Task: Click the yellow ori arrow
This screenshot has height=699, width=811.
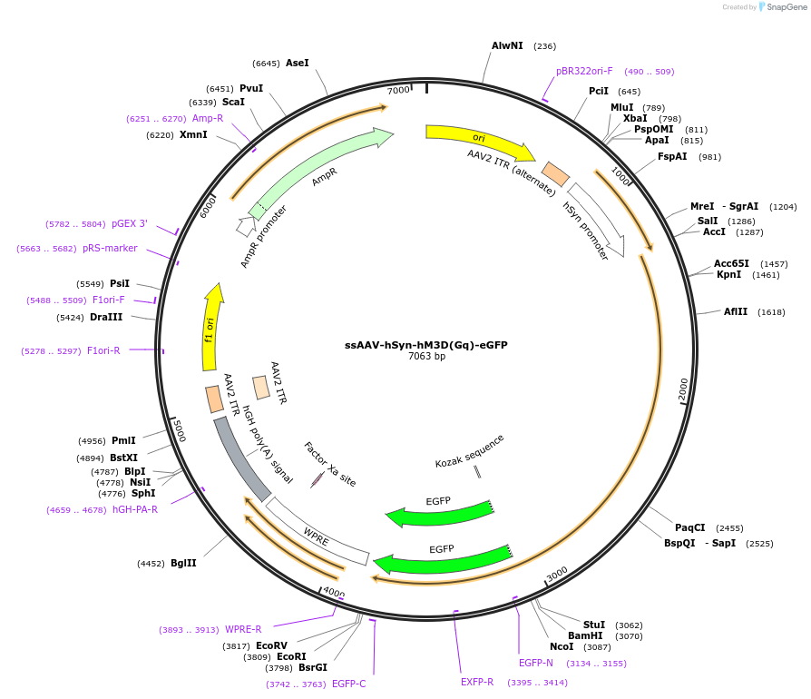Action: (x=478, y=139)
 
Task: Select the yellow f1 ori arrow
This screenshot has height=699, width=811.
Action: (x=211, y=328)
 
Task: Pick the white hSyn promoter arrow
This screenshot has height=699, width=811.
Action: (x=600, y=220)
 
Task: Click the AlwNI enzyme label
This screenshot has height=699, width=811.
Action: (x=507, y=45)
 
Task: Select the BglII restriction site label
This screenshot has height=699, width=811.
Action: (x=183, y=563)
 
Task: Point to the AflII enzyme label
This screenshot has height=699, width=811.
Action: (x=736, y=311)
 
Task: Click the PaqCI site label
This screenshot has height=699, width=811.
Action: (x=690, y=527)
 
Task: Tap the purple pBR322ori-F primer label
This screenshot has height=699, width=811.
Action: (x=584, y=71)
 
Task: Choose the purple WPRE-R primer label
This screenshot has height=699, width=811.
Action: (x=243, y=629)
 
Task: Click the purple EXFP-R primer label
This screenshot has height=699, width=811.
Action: (x=477, y=682)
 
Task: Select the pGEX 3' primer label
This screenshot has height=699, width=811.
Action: (x=130, y=223)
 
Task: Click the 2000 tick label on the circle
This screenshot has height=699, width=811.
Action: (x=683, y=389)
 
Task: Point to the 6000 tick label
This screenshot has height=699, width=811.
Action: (x=208, y=208)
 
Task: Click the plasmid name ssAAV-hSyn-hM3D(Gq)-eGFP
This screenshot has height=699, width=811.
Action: (x=426, y=345)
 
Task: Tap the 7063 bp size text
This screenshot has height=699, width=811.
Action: (x=426, y=356)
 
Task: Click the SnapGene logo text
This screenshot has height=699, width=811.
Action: (x=787, y=6)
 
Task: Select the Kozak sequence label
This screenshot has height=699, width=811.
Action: (x=469, y=451)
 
